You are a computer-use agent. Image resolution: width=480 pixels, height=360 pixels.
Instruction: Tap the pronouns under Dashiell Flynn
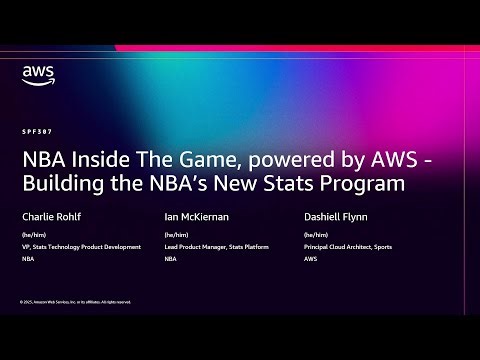(317, 235)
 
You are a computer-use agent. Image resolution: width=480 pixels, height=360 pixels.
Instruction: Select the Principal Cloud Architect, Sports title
(347, 246)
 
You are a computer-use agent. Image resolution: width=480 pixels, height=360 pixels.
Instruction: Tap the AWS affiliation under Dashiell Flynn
(312, 257)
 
